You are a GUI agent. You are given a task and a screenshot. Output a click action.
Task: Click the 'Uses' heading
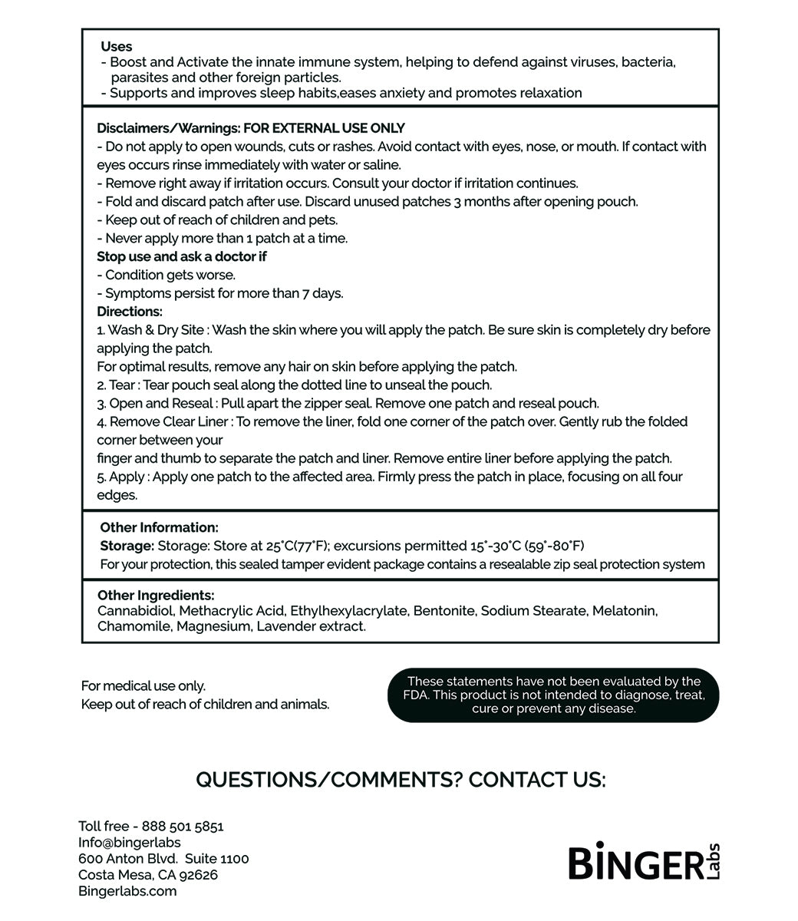116,47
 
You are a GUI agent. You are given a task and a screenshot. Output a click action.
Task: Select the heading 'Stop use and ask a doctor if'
182,256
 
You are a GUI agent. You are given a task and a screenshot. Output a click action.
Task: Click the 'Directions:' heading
130,312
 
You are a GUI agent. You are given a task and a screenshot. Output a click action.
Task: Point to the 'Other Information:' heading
159,527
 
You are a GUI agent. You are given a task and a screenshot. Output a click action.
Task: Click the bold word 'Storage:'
127,546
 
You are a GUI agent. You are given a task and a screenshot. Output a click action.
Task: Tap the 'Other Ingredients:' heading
156,596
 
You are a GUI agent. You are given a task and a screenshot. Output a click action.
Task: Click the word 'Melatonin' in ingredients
624,611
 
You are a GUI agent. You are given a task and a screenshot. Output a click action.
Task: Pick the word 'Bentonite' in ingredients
444,611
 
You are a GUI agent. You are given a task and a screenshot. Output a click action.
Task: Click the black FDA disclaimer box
553,695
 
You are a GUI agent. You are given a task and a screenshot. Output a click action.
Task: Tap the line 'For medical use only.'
143,686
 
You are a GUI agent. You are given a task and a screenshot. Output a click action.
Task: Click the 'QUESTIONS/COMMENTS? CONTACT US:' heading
401,780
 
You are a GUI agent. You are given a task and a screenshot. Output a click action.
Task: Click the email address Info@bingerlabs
130,843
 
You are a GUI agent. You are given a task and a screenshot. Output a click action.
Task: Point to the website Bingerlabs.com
127,891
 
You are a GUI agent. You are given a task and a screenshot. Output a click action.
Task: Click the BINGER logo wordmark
635,863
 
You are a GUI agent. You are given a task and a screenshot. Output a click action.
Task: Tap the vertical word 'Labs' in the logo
715,861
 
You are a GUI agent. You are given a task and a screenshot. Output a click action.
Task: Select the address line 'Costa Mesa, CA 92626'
148,875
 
